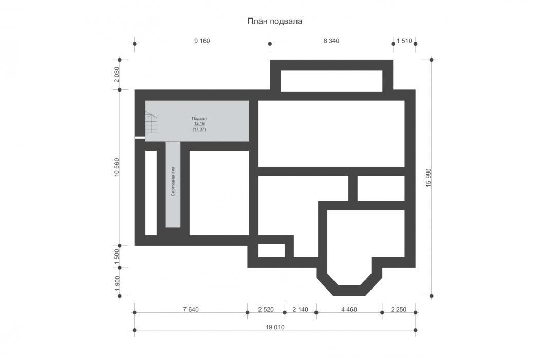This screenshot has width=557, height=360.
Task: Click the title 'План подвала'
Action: tap(274, 21)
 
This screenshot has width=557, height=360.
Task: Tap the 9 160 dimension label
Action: tap(202, 41)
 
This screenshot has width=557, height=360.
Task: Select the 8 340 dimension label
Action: tap(331, 41)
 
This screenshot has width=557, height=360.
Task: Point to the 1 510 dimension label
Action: tap(404, 41)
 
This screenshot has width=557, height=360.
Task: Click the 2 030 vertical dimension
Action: tap(117, 75)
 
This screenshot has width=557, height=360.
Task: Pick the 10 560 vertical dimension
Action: tap(117, 167)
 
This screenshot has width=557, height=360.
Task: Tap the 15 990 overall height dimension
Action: tap(428, 178)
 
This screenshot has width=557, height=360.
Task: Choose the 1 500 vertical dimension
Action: tap(117, 257)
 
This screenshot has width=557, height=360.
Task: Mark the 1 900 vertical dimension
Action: tap(117, 283)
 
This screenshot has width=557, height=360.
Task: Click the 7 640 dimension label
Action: tap(191, 310)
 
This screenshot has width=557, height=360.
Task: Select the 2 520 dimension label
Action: tap(266, 310)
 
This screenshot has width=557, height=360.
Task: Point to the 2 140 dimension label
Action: tap(300, 310)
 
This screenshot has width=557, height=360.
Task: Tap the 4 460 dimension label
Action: tap(349, 310)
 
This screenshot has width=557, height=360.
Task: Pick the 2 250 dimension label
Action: tap(399, 310)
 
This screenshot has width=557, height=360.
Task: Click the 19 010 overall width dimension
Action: tap(275, 327)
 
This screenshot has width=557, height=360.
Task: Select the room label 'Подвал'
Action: tap(199, 119)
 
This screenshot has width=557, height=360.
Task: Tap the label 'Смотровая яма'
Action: tap(173, 181)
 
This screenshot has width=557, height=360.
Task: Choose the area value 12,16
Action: tap(199, 123)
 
